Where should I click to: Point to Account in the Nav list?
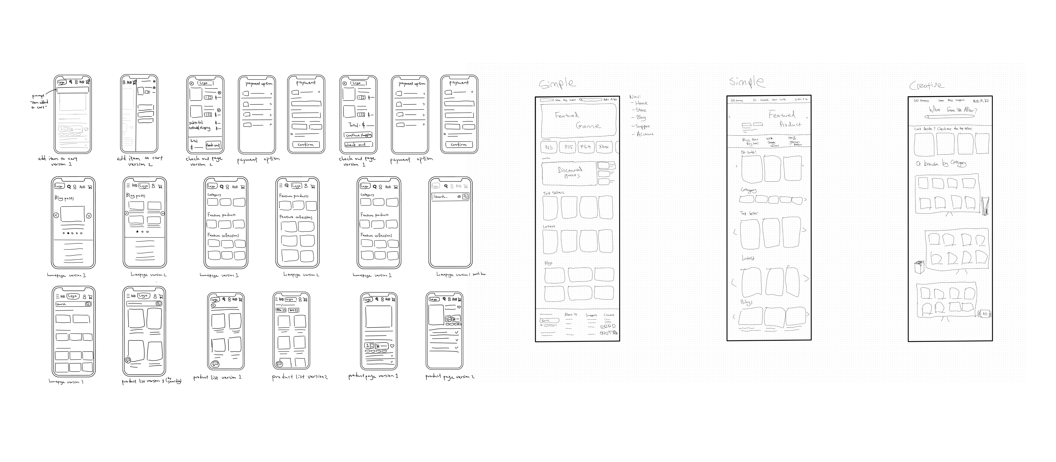[645, 134]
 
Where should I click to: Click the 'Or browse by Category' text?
[941, 163]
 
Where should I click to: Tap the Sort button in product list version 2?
[294, 310]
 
